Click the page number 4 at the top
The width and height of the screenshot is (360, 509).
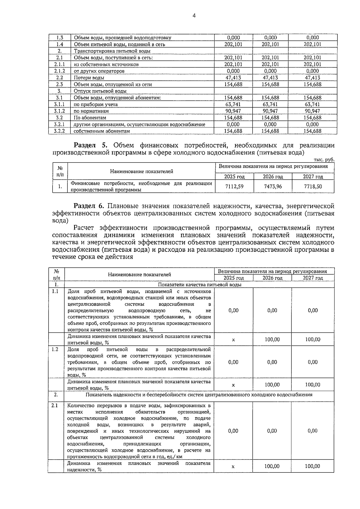pos(194,16)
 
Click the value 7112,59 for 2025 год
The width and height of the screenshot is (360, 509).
pos(234,186)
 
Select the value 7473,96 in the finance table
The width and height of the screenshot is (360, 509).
pos(273,186)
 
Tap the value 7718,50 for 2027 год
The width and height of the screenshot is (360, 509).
pos(313,186)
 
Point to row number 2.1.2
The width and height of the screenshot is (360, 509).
pos(59,71)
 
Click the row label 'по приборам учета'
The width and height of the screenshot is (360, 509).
pos(96,105)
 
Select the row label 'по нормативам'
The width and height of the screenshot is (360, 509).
pos(91,111)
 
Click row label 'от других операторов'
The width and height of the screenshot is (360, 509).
pos(99,71)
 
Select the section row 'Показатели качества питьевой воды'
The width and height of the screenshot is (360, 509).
pos(199,285)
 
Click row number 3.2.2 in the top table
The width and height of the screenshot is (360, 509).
pos(59,131)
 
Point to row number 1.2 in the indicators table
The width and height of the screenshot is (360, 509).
pos(55,350)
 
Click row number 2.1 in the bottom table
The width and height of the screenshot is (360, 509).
pos(55,406)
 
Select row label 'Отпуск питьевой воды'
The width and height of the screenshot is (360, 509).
pos(100,91)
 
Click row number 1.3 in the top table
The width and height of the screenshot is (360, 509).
pos(59,38)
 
